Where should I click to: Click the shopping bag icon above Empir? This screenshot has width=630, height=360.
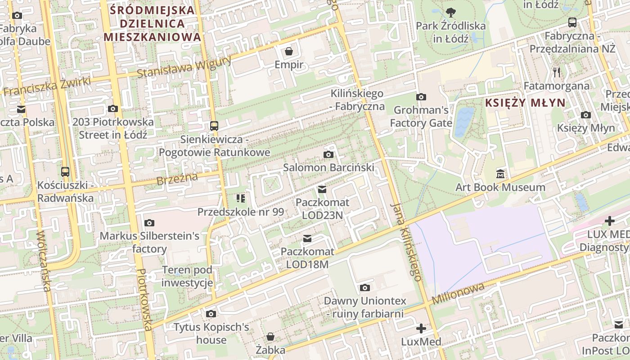click(x=289, y=51)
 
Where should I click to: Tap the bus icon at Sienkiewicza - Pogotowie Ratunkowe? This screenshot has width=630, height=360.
click(x=214, y=126)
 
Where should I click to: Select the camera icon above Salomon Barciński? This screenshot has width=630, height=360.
click(x=328, y=155)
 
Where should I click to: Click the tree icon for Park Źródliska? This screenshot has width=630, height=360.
click(x=450, y=12)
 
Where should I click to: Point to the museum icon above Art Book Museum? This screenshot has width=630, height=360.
click(x=500, y=174)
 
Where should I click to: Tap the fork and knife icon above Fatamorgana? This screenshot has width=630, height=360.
click(x=557, y=72)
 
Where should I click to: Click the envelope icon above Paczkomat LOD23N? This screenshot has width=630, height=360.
click(x=322, y=189)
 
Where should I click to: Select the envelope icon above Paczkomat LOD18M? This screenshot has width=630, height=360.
click(x=307, y=238)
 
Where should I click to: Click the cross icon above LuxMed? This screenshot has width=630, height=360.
click(x=421, y=328)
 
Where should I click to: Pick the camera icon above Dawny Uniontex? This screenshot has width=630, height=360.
click(x=364, y=288)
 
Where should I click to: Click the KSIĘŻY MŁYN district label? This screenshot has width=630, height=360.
click(x=525, y=103)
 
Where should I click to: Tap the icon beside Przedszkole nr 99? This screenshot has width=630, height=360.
click(x=240, y=198)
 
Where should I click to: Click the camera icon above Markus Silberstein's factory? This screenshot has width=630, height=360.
click(x=149, y=223)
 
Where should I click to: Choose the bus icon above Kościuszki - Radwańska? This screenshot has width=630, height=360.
click(x=65, y=171)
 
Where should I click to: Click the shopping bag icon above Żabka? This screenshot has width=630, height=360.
click(x=270, y=337)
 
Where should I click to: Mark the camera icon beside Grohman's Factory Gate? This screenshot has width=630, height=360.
click(x=421, y=97)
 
